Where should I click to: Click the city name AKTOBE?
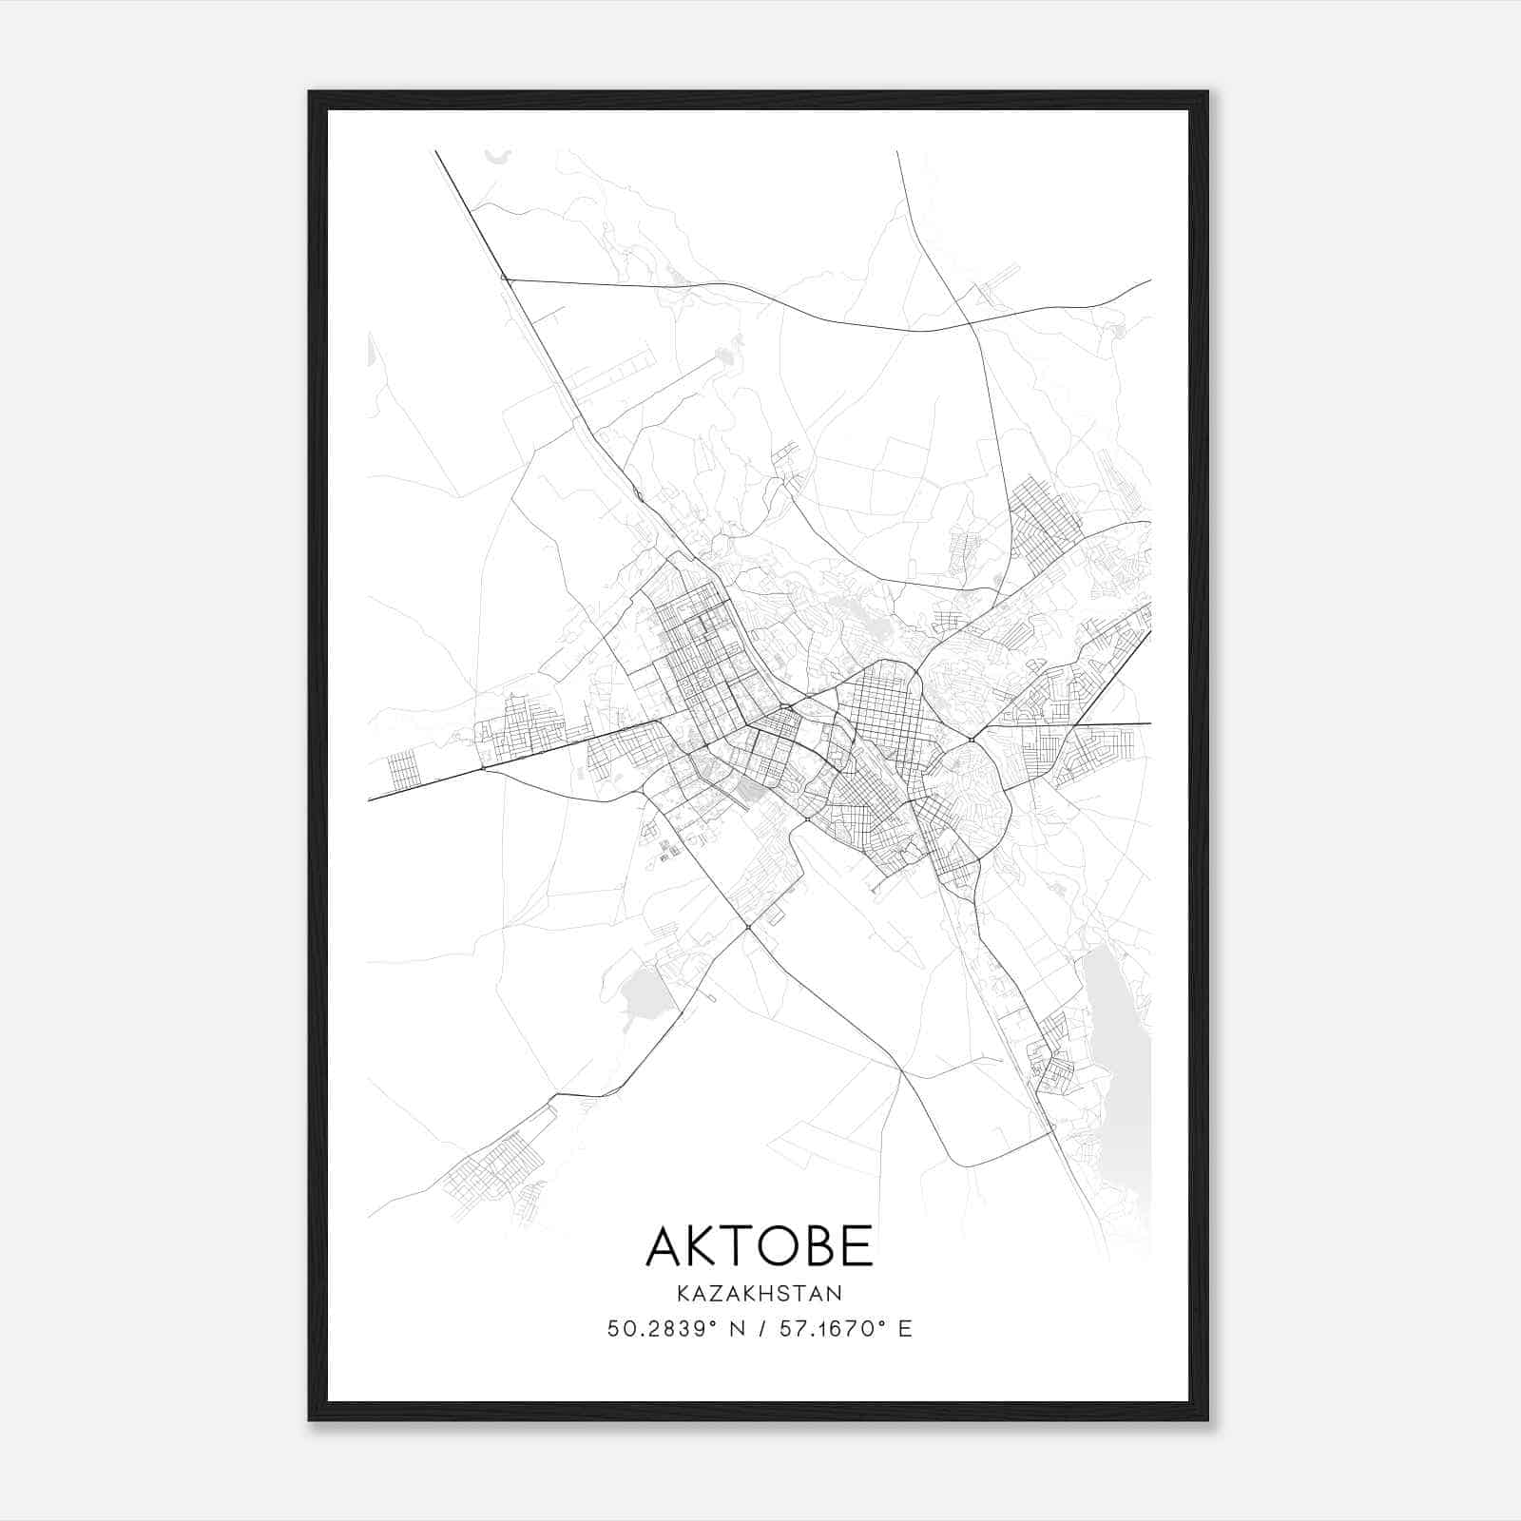[x=759, y=1245]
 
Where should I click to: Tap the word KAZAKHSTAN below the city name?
[x=759, y=1294]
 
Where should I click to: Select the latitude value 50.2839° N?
[x=678, y=1329]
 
